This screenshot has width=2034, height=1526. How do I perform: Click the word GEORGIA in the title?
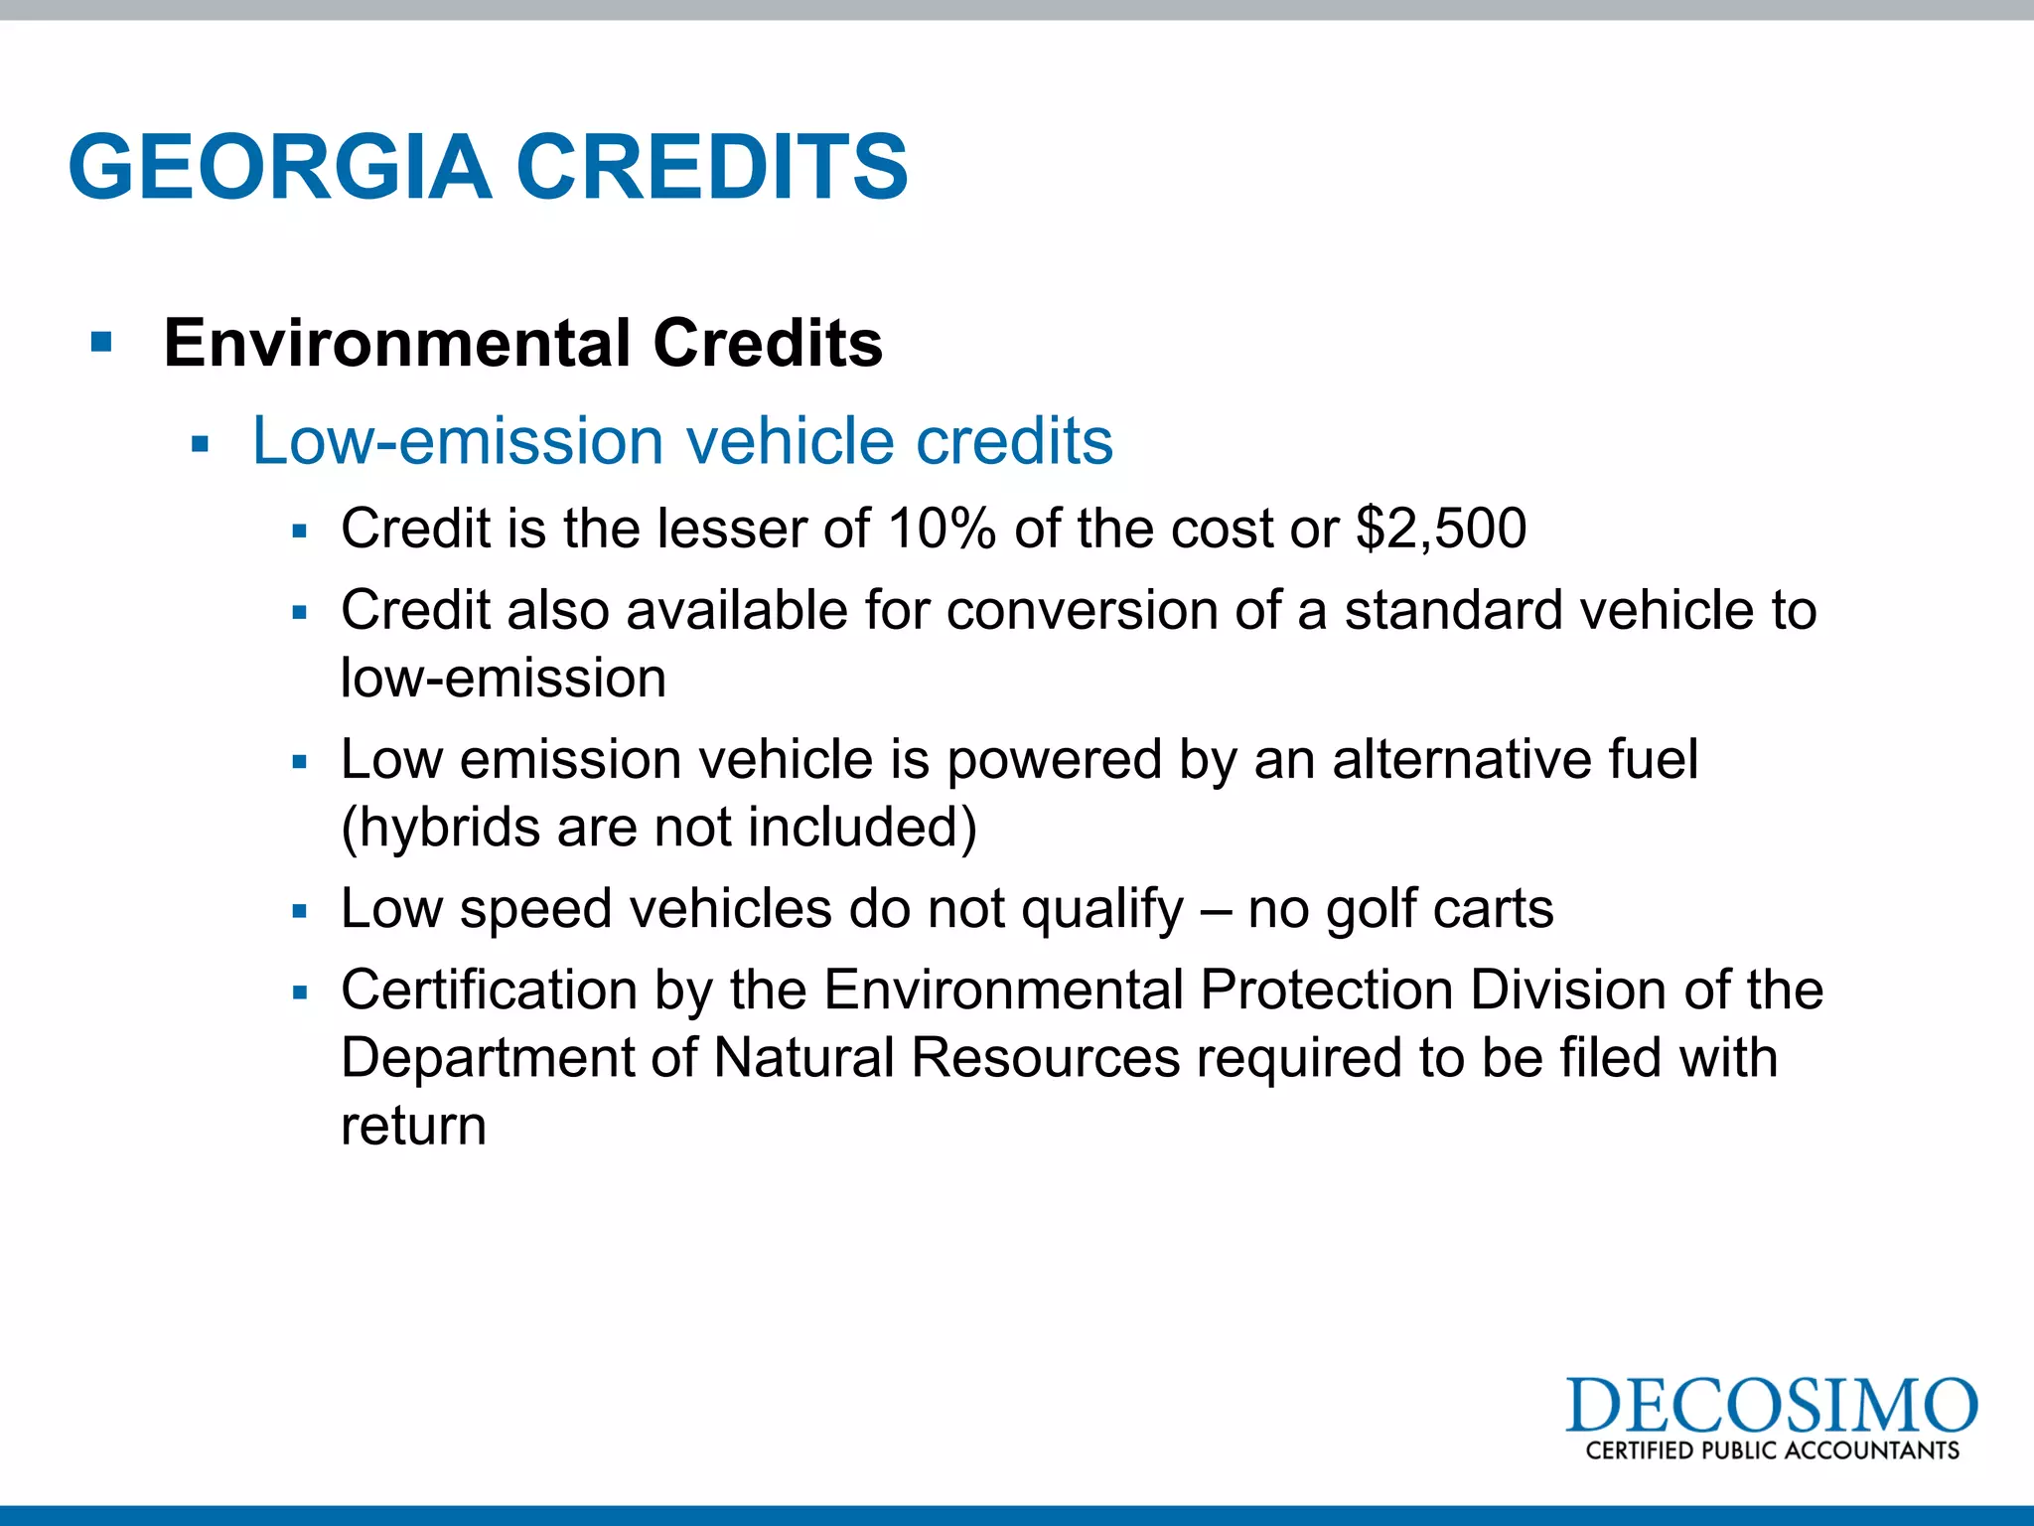(x=280, y=167)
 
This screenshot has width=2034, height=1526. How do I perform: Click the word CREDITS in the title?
(x=711, y=167)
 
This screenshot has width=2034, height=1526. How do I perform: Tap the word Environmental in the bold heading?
(x=397, y=344)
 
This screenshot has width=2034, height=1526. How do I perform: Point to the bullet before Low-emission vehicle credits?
(x=200, y=444)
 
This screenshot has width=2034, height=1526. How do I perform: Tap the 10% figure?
(x=942, y=528)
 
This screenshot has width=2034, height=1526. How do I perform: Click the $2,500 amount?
(x=1441, y=528)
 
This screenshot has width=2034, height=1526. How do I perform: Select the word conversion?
(x=1082, y=610)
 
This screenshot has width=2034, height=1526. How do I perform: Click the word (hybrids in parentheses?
(x=440, y=828)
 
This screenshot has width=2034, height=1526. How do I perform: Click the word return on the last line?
(x=413, y=1127)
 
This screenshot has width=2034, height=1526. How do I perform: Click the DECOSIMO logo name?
(x=1771, y=1405)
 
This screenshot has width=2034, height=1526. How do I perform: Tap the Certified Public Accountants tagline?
(x=1772, y=1450)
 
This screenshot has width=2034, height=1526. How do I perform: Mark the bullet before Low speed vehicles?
(x=300, y=910)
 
